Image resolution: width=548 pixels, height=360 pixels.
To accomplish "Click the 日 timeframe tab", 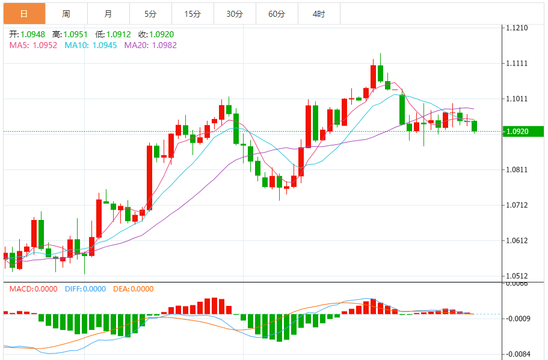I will click(x=24, y=13).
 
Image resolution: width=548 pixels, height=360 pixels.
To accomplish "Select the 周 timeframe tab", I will click(x=66, y=13).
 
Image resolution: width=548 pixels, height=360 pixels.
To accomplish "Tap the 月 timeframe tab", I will click(x=108, y=13).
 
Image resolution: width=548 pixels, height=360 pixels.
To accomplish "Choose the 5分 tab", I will click(x=150, y=13).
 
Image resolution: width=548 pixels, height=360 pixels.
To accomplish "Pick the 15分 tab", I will click(x=192, y=13).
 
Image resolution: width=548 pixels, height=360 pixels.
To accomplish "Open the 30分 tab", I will click(x=235, y=13).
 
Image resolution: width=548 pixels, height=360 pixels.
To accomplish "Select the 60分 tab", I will click(x=277, y=13).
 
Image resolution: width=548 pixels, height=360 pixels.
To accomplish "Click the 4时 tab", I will click(x=319, y=13).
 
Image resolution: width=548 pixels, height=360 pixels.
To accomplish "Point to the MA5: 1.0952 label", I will click(x=34, y=44).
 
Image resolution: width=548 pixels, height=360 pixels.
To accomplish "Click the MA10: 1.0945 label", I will click(x=91, y=44).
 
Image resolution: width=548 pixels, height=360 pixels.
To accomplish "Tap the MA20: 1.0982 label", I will click(x=150, y=44).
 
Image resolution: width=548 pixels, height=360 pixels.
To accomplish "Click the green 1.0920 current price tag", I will click(x=522, y=131).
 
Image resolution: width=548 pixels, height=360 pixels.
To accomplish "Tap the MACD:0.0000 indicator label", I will click(x=34, y=288).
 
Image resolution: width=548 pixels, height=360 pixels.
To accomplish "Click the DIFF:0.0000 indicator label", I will click(x=85, y=288).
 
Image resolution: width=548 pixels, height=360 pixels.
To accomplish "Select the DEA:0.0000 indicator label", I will click(x=134, y=288).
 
